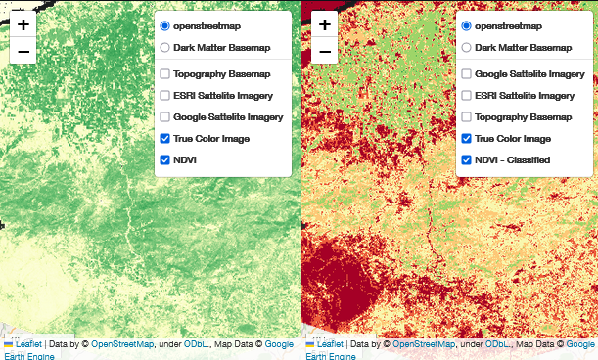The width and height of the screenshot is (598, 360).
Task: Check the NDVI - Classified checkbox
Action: click(466, 159)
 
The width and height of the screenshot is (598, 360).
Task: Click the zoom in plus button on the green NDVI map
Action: click(23, 25)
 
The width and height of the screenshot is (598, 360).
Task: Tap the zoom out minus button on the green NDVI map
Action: click(23, 51)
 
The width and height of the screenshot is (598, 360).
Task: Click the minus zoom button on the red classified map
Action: click(325, 51)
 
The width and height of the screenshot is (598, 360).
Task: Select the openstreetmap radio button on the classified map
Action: click(466, 25)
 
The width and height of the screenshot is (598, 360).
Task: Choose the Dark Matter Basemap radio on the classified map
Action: click(466, 47)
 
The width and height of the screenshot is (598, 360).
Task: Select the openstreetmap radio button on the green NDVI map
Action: click(164, 25)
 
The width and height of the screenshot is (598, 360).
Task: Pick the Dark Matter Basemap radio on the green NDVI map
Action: click(164, 47)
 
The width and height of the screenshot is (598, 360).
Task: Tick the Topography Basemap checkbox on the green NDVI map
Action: click(164, 74)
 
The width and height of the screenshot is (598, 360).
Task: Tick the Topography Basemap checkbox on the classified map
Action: click(466, 117)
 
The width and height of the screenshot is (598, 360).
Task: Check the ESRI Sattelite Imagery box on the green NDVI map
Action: click(164, 96)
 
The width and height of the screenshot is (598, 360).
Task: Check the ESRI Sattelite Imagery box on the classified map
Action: click(466, 96)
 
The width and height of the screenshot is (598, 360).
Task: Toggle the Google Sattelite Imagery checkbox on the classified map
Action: click(466, 74)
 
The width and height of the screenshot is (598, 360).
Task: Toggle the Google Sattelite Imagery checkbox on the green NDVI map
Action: click(164, 117)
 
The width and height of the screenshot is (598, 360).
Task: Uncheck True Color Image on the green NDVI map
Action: click(164, 139)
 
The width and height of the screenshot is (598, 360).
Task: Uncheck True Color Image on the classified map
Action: click(466, 139)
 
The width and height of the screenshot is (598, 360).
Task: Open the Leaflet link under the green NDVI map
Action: click(29, 344)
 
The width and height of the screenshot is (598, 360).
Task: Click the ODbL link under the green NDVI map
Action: click(198, 344)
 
